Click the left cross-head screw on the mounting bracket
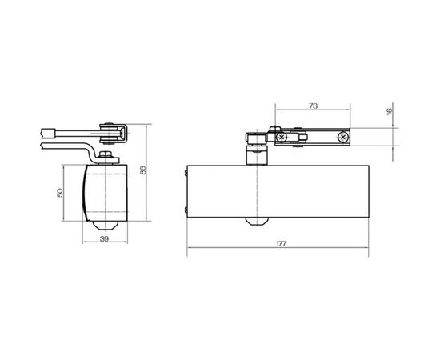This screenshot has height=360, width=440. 282,138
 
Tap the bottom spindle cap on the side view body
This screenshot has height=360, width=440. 102,221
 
